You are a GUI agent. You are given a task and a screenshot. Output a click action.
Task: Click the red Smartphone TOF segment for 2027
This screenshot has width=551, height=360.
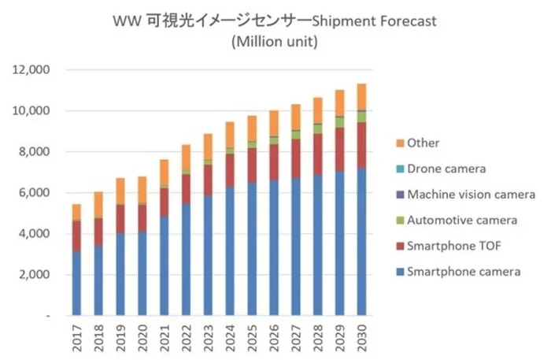coord(296,158)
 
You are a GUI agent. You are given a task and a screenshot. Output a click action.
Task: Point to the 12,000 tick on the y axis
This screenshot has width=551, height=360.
coord(32,70)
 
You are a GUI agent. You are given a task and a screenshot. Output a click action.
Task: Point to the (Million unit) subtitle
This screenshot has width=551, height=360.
coord(275,42)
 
